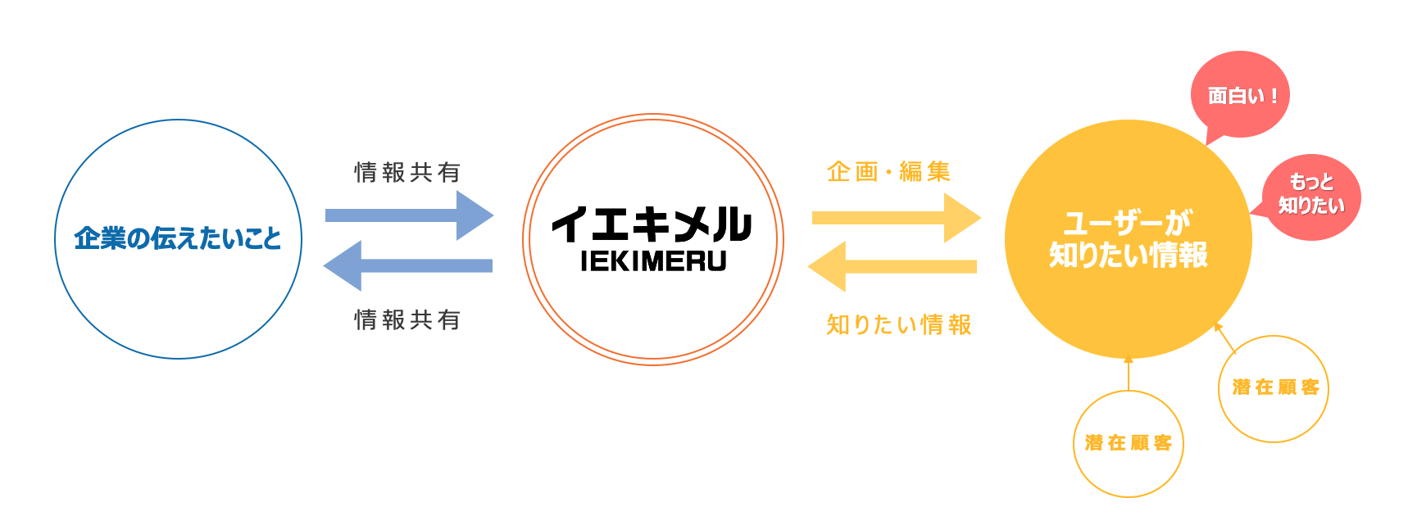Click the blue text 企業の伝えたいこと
tap(178, 238)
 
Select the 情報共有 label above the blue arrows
tap(407, 172)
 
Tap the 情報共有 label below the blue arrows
tap(407, 319)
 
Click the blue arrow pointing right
tap(410, 215)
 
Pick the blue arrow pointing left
tap(407, 265)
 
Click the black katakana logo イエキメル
tap(652, 224)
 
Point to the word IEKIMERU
tap(653, 261)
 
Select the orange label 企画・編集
tap(889, 171)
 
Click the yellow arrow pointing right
tap(896, 218)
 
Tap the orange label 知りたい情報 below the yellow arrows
tap(899, 324)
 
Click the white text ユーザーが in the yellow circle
tap(1128, 222)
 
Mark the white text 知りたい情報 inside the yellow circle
tap(1129, 255)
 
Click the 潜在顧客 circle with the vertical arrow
tap(1129, 443)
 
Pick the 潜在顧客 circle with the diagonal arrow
tap(1274, 387)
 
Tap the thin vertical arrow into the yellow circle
tap(1129, 373)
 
